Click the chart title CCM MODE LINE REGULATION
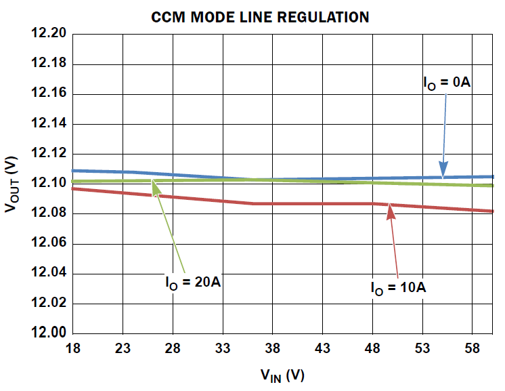tap(260, 17)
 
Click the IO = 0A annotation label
tap(446, 83)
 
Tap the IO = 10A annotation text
tap(397, 287)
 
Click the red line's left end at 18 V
tap(74, 188)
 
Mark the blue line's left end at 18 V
tap(74, 171)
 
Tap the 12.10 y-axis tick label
tap(48, 184)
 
